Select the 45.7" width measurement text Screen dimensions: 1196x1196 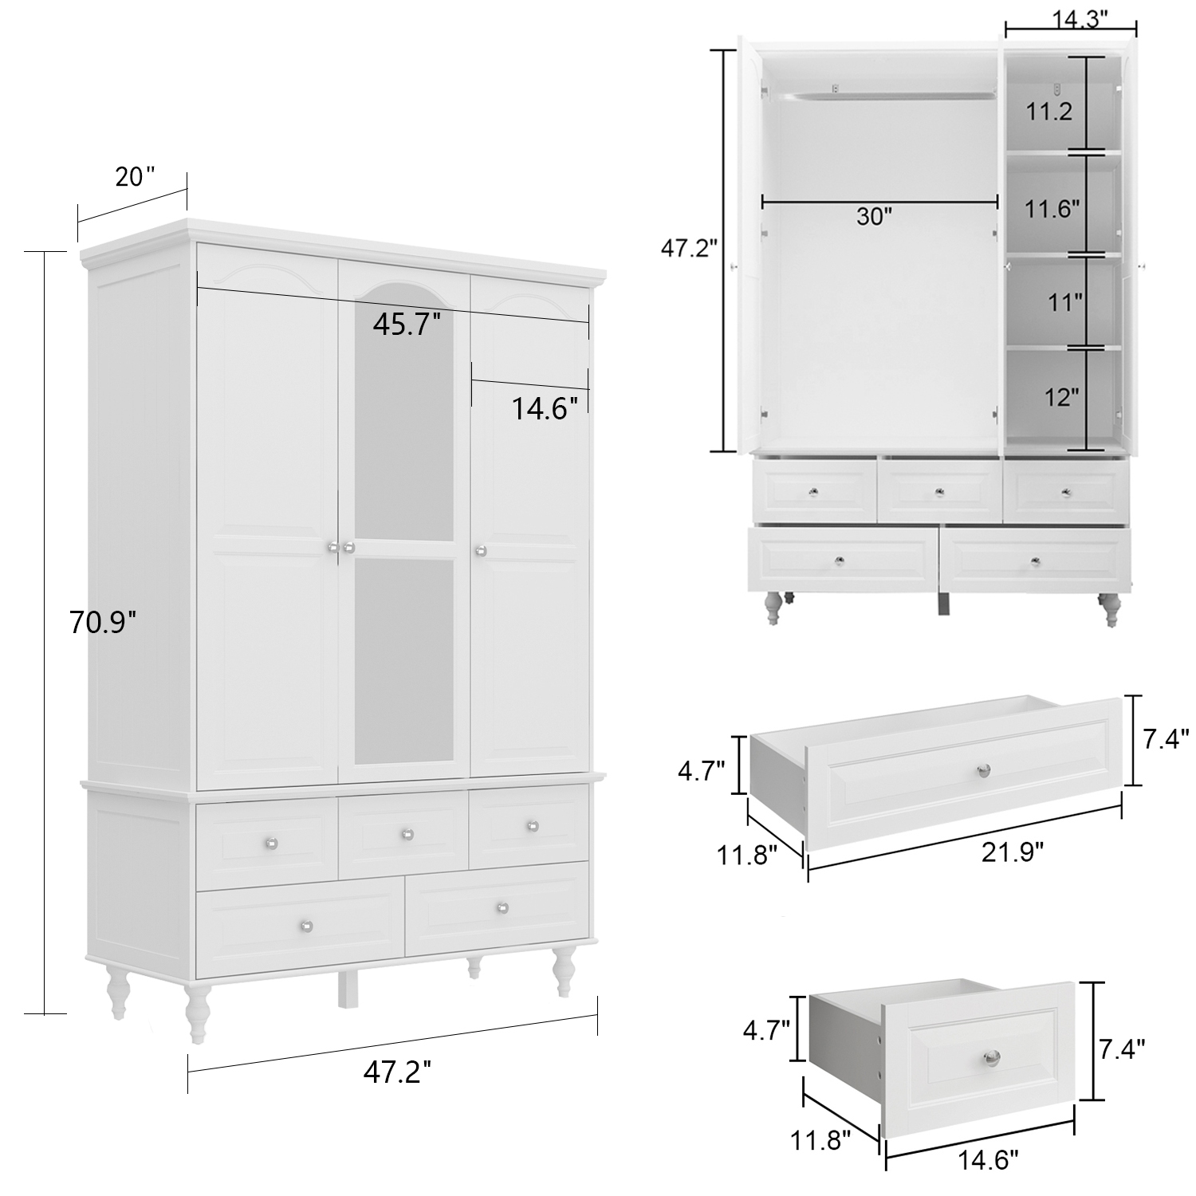tap(407, 325)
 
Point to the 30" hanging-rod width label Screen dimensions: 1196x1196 tap(875, 216)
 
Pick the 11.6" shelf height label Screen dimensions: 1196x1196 tap(1052, 209)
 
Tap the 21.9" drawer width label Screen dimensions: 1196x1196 tap(1013, 852)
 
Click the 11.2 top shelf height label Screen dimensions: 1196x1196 tap(1048, 112)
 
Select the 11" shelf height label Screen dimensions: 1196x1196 tap(1064, 302)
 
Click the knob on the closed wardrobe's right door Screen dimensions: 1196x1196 tap(481, 549)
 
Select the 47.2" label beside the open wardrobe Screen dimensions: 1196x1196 tap(689, 249)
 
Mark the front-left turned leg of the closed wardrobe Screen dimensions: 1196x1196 tap(197, 1013)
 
